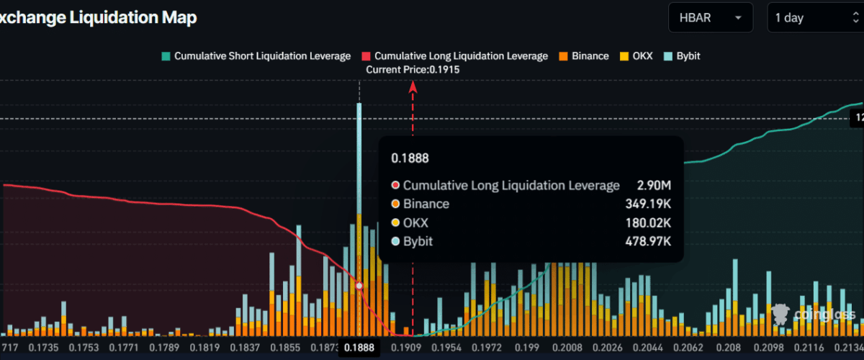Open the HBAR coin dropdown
pyautogui.click(x=710, y=18)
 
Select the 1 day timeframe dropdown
pyautogui.click(x=814, y=18)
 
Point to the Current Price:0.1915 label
pyautogui.click(x=413, y=70)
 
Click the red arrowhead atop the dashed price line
pyautogui.click(x=413, y=87)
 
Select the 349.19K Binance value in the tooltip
pyautogui.click(x=648, y=204)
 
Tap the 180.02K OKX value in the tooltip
pyautogui.click(x=648, y=223)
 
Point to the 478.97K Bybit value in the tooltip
pyautogui.click(x=648, y=242)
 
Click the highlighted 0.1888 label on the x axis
pyautogui.click(x=359, y=348)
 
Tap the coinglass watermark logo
pyautogui.click(x=814, y=314)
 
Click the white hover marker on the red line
pyautogui.click(x=359, y=286)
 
